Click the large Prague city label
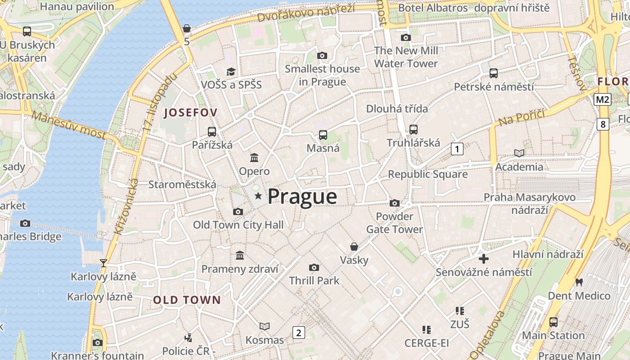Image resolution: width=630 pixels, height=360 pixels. pyautogui.click(x=302, y=197)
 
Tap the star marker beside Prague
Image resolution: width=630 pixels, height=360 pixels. pyautogui.click(x=258, y=196)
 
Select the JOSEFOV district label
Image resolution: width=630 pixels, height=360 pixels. pyautogui.click(x=191, y=112)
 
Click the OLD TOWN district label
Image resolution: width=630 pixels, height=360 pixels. pyautogui.click(x=187, y=300)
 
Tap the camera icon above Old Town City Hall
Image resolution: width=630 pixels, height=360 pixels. pyautogui.click(x=238, y=211)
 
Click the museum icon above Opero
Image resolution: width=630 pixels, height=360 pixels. pyautogui.click(x=254, y=158)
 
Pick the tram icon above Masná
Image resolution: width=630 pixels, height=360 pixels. pyautogui.click(x=323, y=135)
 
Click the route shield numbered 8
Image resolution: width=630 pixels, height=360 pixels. pyautogui.click(x=603, y=124)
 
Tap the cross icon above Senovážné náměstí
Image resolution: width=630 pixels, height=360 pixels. pyautogui.click(x=484, y=259)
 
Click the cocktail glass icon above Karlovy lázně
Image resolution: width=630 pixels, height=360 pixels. pyautogui.click(x=103, y=263)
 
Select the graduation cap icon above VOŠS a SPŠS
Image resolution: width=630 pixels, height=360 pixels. pyautogui.click(x=231, y=72)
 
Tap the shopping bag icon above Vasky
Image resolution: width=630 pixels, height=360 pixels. pyautogui.click(x=354, y=247)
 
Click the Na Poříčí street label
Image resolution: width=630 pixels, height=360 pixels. pyautogui.click(x=521, y=117)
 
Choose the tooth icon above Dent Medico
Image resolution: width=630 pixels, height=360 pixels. pyautogui.click(x=579, y=282)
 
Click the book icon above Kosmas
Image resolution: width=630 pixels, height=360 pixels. pyautogui.click(x=265, y=326)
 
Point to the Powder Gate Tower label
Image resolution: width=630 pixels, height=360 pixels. pyautogui.click(x=394, y=223)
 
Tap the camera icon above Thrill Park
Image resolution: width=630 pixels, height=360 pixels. pyautogui.click(x=314, y=267)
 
